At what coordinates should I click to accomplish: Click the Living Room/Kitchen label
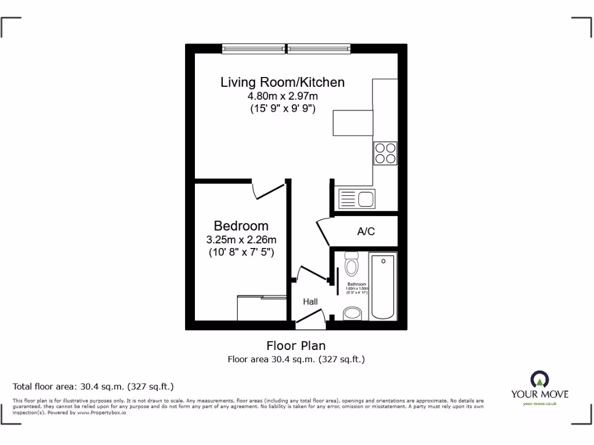click(x=282, y=82)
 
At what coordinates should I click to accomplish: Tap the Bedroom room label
click(x=241, y=226)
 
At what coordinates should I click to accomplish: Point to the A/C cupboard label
click(x=365, y=232)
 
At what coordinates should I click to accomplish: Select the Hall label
click(x=310, y=302)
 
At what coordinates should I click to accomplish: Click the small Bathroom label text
click(x=357, y=284)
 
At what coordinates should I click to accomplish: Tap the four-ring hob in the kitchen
click(x=386, y=152)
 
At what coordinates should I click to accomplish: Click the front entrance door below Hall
click(x=310, y=317)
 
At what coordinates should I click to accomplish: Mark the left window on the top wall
click(x=253, y=49)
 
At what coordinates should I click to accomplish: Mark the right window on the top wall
click(x=319, y=49)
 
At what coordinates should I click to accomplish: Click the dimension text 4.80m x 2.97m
click(x=282, y=96)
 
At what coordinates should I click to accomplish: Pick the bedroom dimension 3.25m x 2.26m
click(x=242, y=240)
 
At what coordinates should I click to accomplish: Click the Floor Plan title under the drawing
click(x=296, y=346)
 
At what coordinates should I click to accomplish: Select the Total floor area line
click(x=93, y=386)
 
